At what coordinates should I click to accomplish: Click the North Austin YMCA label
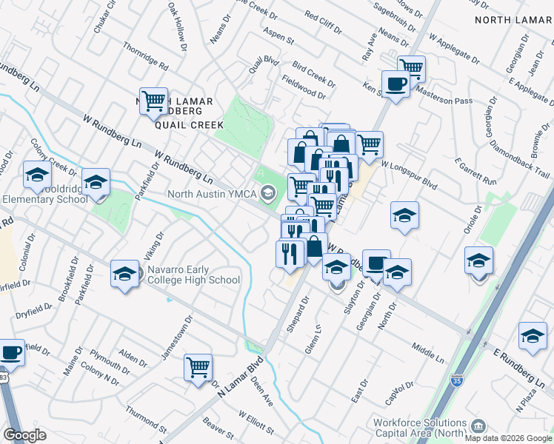tap(212, 194)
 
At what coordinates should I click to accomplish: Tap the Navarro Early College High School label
tap(193, 275)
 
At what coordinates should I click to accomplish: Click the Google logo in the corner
tap(24, 435)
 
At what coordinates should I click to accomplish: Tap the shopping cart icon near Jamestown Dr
tap(198, 367)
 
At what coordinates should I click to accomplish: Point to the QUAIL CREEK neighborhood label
tap(189, 125)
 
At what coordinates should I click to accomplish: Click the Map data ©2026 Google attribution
tap(507, 437)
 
